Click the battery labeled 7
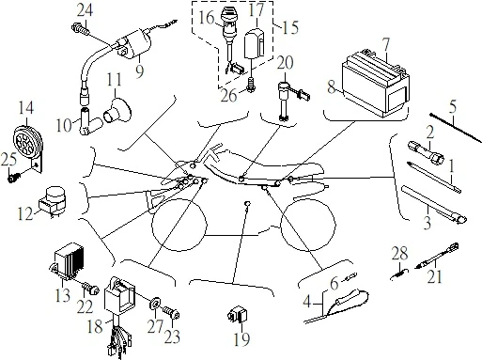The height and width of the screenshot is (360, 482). click(376, 83)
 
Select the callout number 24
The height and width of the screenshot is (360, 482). click(85, 10)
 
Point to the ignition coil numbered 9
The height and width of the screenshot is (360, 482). click(133, 46)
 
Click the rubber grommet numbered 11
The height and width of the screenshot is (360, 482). click(117, 110)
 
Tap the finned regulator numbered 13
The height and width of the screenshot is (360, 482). click(68, 260)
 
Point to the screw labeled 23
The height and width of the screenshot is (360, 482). click(171, 312)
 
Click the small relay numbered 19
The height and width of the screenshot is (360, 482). click(238, 314)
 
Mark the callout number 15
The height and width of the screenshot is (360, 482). click(290, 27)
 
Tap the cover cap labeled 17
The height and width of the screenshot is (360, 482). click(256, 43)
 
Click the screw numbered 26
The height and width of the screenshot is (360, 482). click(251, 85)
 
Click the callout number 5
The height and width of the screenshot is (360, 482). click(453, 107)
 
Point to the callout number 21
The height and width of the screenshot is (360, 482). click(435, 276)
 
